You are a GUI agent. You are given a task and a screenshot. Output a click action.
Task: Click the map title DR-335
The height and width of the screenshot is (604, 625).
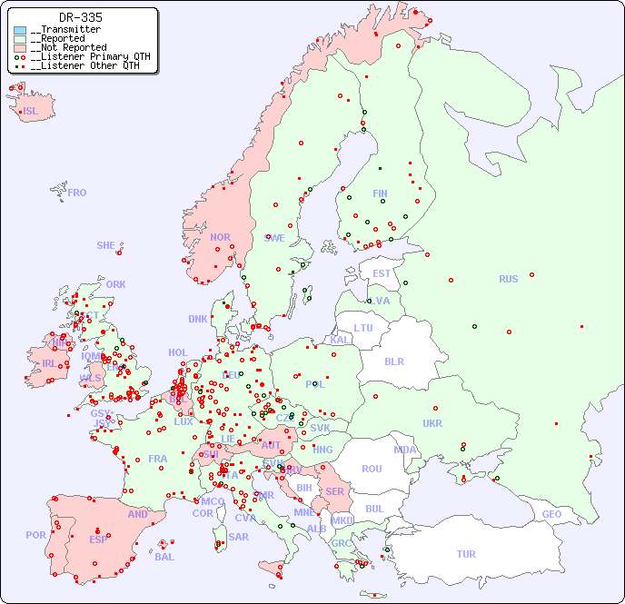coord(80,17)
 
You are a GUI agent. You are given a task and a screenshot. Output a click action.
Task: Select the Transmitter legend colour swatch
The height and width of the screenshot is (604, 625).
coord(20,30)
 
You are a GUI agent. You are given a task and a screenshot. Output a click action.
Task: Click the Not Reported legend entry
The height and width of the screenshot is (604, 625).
coord(68,47)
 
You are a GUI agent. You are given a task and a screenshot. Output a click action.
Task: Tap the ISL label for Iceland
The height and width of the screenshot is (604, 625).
coord(31,112)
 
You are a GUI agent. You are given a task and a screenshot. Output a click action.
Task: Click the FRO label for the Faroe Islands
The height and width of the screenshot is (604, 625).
coord(77,193)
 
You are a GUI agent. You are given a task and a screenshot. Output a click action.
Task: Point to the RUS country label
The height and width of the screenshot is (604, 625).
coord(508,279)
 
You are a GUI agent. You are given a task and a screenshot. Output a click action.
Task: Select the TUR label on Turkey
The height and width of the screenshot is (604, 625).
coord(466,554)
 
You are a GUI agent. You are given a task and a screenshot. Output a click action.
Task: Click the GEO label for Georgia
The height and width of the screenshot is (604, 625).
coord(551,514)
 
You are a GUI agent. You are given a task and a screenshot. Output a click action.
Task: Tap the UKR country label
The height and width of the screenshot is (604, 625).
coord(432,423)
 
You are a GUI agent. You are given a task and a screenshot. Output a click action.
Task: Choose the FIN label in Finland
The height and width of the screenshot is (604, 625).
coord(380,193)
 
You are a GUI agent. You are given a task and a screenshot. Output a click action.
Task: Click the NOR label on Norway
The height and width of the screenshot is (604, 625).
coord(220,237)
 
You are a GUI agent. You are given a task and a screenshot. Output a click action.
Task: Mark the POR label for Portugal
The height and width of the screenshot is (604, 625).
coord(35,535)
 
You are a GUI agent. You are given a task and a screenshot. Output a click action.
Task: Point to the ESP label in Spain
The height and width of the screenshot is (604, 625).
coord(98,540)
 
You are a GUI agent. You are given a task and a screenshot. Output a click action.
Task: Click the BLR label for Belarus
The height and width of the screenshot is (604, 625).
coord(394,361)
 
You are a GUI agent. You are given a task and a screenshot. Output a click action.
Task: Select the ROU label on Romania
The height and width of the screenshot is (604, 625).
coord(372,469)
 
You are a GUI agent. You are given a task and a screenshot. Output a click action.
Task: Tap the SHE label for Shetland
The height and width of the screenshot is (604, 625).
coord(106,245)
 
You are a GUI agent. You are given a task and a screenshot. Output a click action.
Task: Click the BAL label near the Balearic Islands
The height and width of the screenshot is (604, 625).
coord(164,557)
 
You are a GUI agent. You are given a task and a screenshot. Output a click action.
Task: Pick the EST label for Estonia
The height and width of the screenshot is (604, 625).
coord(382,273)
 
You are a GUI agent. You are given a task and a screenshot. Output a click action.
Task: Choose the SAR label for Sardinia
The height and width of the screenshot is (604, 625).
coord(239,537)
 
